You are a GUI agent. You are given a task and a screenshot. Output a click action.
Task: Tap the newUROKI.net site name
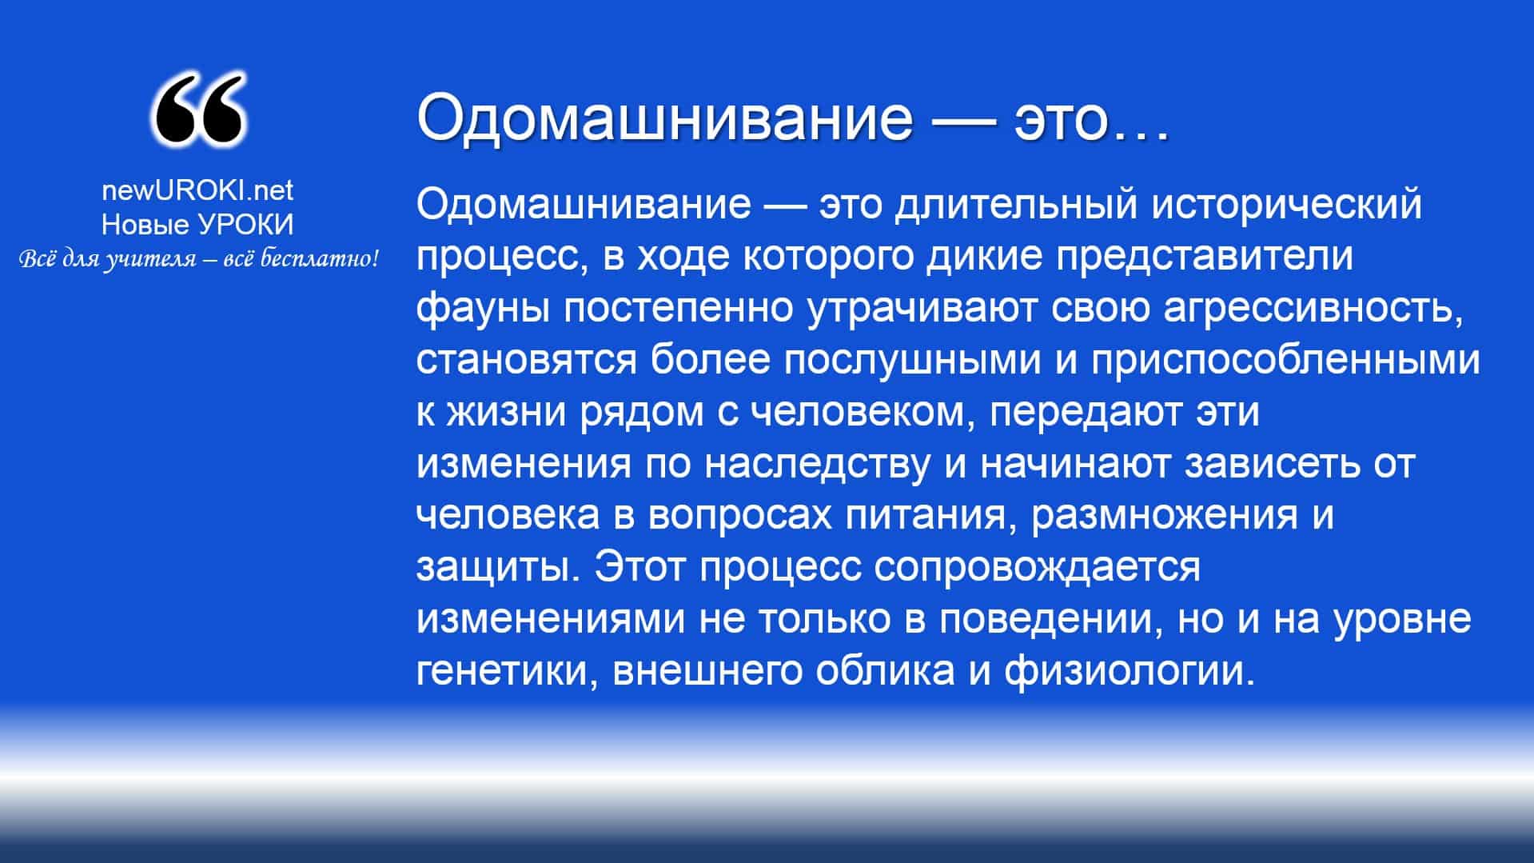pos(197,190)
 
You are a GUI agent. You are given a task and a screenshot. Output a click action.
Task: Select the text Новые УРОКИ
pos(197,225)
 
